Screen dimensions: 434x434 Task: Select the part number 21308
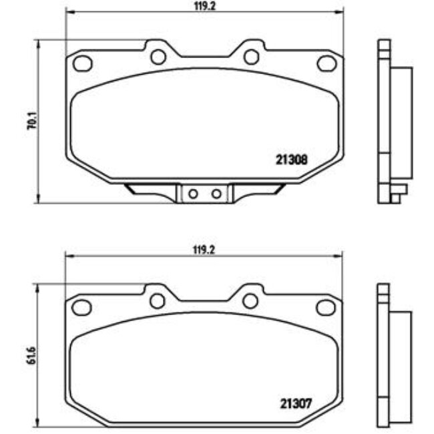(290, 160)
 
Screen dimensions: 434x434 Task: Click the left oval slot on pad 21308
(81, 63)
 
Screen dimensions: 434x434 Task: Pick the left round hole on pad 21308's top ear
(158, 57)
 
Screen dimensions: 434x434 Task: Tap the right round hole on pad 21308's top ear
(251, 57)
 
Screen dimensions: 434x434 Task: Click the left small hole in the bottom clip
(193, 194)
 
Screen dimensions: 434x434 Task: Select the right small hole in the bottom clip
(216, 194)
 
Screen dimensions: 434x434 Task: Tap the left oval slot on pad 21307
(81, 307)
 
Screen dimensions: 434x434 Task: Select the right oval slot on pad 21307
(326, 307)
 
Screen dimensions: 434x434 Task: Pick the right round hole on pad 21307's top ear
(250, 301)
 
